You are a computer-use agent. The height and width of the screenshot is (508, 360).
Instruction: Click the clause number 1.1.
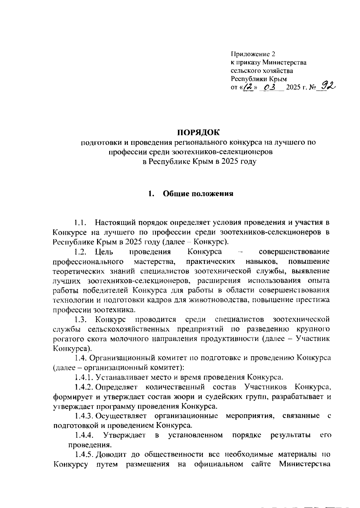pos(81,223)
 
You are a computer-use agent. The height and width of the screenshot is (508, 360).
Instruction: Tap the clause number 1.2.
pos(81,251)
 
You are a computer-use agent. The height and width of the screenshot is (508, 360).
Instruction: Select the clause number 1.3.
pos(81,319)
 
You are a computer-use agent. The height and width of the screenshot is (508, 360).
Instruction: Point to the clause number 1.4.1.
pos(85,377)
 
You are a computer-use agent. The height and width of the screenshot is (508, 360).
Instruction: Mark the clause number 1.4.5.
pos(85,455)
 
